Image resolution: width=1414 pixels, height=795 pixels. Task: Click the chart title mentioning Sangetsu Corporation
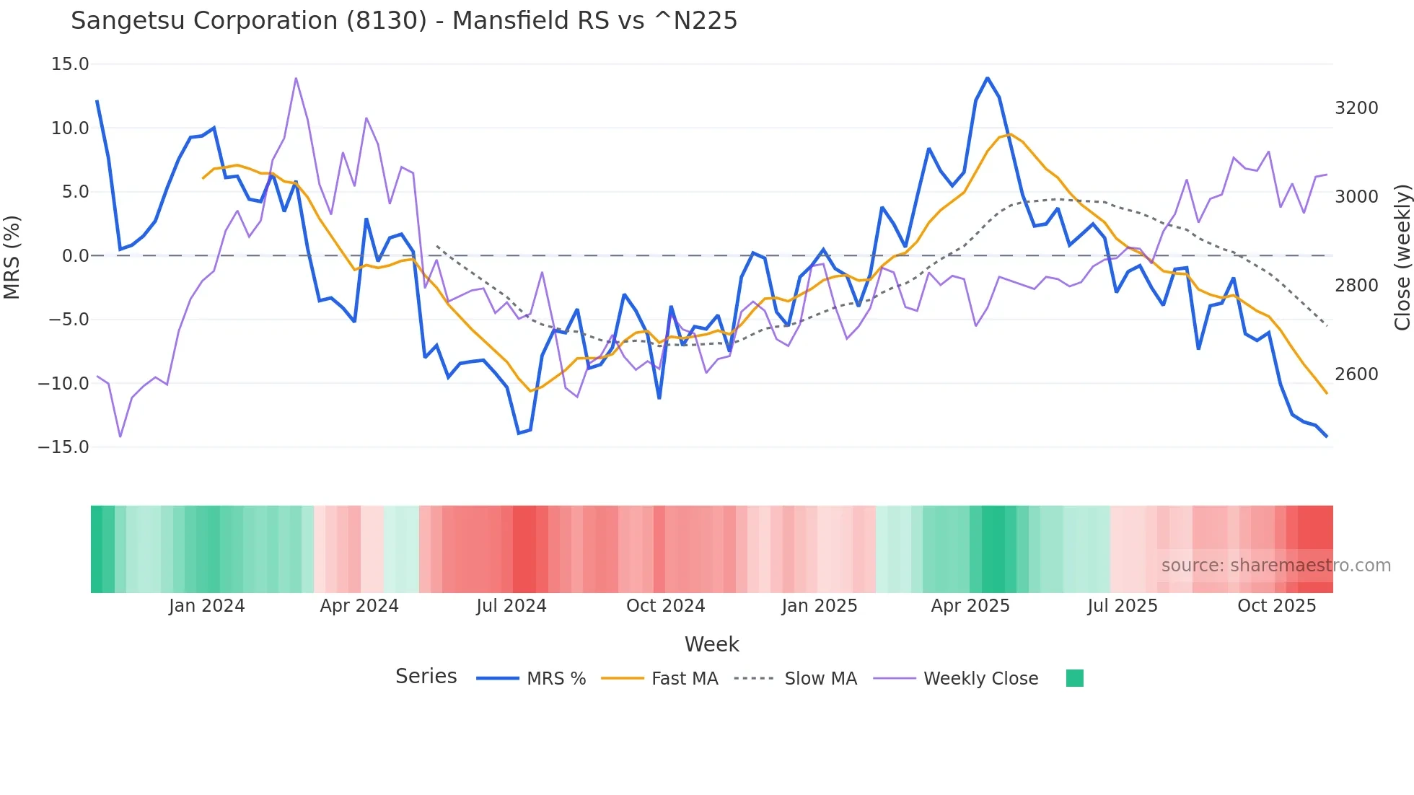coord(404,21)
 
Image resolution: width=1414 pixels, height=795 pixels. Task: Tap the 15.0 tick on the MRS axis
coord(70,64)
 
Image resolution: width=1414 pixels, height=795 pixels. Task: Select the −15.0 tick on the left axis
coord(63,447)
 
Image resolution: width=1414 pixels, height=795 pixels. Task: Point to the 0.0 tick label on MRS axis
coord(75,256)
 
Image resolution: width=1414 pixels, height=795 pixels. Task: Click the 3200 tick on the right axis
coord(1356,108)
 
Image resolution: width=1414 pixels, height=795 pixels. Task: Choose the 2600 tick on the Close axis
coord(1356,374)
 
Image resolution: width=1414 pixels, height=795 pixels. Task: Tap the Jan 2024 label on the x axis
coord(207,606)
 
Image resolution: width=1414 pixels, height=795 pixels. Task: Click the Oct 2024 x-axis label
coord(665,606)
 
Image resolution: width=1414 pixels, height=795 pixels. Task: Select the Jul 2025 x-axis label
coord(1123,606)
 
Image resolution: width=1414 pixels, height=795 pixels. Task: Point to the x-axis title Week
coord(711,644)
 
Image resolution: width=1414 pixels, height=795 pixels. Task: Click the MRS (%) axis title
coord(12,257)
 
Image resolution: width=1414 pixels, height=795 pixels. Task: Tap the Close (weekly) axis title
coord(1402,257)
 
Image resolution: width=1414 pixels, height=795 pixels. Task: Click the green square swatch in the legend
coord(1074,678)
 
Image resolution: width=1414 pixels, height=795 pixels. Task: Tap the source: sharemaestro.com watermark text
coord(1275,566)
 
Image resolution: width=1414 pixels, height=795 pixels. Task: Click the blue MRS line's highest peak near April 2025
coord(987,78)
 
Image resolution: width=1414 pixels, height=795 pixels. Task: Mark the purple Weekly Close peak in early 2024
coord(296,78)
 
